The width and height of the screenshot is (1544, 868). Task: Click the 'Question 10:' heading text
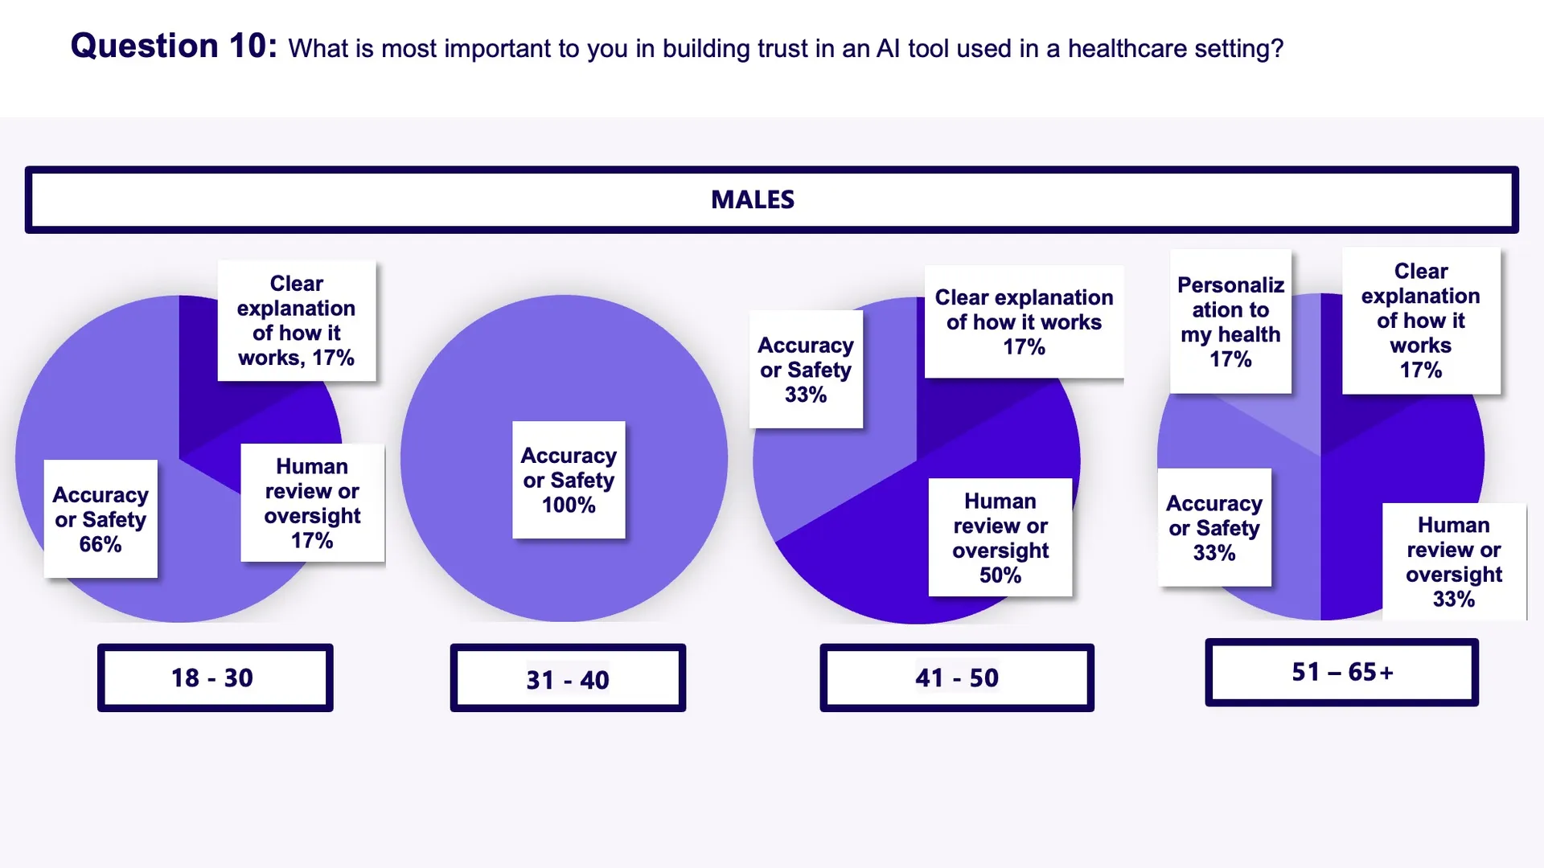click(174, 46)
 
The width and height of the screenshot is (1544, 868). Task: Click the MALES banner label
click(753, 199)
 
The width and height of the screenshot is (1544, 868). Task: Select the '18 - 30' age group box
click(215, 678)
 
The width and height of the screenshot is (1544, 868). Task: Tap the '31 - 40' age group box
click(568, 679)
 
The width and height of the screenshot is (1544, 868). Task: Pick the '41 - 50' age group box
click(957, 678)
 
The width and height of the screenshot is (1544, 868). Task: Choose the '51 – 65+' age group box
click(1341, 672)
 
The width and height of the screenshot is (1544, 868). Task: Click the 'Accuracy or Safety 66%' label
click(101, 518)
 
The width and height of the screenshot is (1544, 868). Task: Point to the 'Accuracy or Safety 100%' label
click(569, 480)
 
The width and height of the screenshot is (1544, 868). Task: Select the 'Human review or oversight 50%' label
click(1000, 537)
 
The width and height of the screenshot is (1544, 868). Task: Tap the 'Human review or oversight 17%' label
click(312, 502)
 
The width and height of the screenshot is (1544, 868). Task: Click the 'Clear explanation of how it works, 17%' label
click(296, 320)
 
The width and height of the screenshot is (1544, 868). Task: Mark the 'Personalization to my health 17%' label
click(1230, 321)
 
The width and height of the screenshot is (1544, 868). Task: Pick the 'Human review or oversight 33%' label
click(1453, 561)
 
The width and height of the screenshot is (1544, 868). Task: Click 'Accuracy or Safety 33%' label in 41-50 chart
click(806, 369)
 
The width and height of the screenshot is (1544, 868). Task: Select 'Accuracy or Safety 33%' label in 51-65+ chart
click(1214, 527)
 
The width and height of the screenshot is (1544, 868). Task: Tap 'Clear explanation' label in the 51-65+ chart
click(1421, 320)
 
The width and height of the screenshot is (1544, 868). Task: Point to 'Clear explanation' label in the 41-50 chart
click(1024, 321)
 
